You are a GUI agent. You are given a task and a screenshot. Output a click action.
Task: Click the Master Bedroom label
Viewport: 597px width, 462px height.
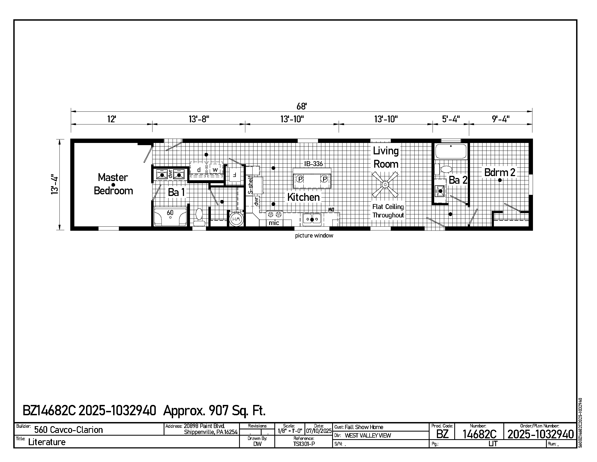click(x=113, y=184)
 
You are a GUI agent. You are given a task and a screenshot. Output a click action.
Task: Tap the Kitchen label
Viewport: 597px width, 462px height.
click(x=303, y=197)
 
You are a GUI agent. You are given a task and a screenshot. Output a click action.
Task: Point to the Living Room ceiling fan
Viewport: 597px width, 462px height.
click(x=385, y=185)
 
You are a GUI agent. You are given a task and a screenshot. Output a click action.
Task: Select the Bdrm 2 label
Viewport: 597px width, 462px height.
click(x=500, y=172)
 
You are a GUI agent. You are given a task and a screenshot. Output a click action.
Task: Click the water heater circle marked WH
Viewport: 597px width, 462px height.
click(x=236, y=219)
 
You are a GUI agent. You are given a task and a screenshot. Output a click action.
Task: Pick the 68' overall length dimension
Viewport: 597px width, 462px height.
click(x=302, y=106)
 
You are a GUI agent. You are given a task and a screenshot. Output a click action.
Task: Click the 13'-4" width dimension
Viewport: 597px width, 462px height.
click(x=55, y=185)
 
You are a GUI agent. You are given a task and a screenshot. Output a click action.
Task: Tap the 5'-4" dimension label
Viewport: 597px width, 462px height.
click(x=451, y=119)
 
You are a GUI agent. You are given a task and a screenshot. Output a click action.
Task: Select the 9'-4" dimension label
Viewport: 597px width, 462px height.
click(x=501, y=119)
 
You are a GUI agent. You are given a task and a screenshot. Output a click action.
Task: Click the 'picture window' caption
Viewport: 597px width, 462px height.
click(x=314, y=236)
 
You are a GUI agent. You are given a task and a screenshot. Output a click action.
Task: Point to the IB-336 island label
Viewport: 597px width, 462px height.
click(x=313, y=164)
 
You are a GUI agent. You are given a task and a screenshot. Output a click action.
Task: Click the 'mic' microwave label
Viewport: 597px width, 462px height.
click(x=274, y=223)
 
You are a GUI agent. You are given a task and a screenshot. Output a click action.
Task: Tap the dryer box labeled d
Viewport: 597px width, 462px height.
click(x=199, y=170)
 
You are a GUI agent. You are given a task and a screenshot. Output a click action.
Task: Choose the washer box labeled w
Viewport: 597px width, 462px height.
click(x=215, y=169)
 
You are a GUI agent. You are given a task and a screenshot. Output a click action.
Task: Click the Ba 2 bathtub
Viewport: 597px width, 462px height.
click(x=451, y=151)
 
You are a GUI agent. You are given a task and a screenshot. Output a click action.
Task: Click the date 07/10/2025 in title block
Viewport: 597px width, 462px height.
click(x=319, y=430)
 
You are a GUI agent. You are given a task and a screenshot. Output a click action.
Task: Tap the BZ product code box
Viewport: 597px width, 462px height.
click(x=442, y=434)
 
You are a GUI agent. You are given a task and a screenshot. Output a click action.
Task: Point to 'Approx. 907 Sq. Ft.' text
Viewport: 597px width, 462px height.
click(x=214, y=410)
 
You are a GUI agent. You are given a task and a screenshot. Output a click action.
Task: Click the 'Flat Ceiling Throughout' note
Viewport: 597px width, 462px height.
click(x=388, y=211)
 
